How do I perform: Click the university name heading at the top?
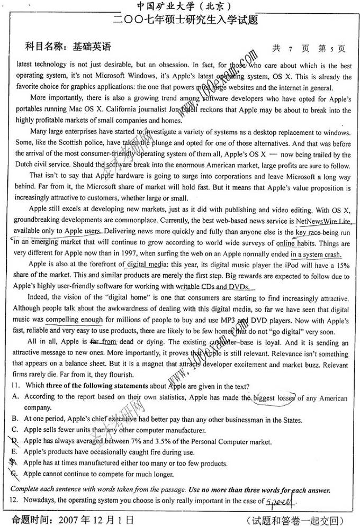[x=179, y=7]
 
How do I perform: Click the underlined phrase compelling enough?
[x=74, y=320]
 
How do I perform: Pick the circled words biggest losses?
[x=273, y=398]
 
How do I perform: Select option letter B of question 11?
[x=14, y=420]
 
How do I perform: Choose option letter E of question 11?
[x=14, y=452]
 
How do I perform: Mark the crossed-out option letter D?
[x=14, y=441]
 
